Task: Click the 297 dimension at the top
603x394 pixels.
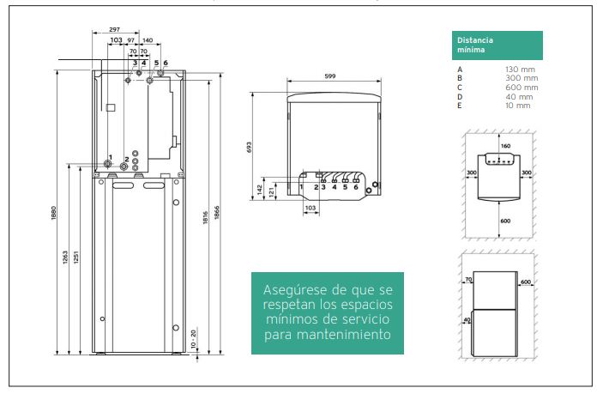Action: pos(114,29)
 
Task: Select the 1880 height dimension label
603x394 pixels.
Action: pos(53,213)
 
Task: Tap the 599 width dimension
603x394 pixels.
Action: pos(330,76)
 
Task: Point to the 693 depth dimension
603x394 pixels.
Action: pos(249,148)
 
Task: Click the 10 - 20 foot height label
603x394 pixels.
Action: pos(194,339)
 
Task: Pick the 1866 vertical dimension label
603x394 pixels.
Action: pos(216,213)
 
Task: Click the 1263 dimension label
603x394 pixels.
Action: pos(65,258)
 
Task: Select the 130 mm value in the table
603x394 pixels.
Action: pos(520,70)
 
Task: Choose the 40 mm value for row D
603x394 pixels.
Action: pos(519,97)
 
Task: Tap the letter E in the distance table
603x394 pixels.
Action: pos(459,106)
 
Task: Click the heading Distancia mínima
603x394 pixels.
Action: pos(475,45)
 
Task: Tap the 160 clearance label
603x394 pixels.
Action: pos(506,146)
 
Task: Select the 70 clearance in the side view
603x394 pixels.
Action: pos(468,280)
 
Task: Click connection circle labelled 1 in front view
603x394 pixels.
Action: pos(108,164)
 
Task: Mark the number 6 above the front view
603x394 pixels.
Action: pos(166,63)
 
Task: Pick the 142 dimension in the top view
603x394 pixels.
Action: pos(260,190)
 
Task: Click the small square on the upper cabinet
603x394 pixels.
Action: pos(111,108)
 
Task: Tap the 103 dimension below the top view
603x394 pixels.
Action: pos(310,208)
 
